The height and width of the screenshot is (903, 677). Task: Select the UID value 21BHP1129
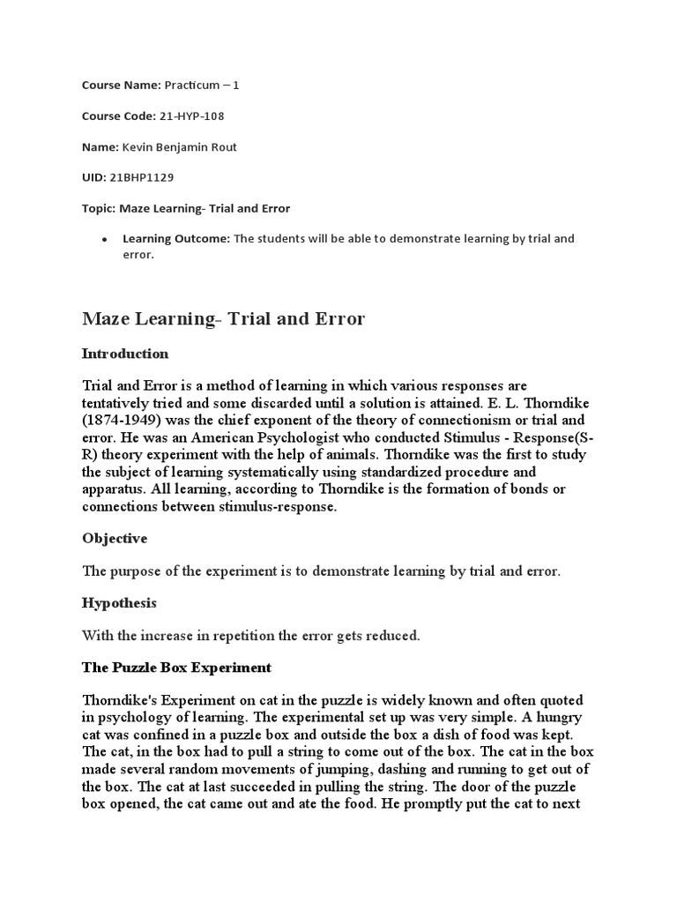(143, 177)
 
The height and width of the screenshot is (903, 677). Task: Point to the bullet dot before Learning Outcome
(105, 239)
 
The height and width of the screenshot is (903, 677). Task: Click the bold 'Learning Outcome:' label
(176, 238)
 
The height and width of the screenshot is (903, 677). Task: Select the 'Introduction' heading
(125, 354)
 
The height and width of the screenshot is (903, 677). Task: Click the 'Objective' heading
(115, 538)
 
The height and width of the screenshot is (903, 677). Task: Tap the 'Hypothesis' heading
(119, 603)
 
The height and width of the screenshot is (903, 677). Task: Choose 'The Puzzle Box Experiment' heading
(176, 668)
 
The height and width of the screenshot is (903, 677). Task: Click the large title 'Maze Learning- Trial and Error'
(223, 318)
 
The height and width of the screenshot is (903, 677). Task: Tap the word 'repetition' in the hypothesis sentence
(261, 635)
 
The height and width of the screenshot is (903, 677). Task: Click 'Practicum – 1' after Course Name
(202, 85)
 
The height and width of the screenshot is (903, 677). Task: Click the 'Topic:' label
(100, 208)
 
